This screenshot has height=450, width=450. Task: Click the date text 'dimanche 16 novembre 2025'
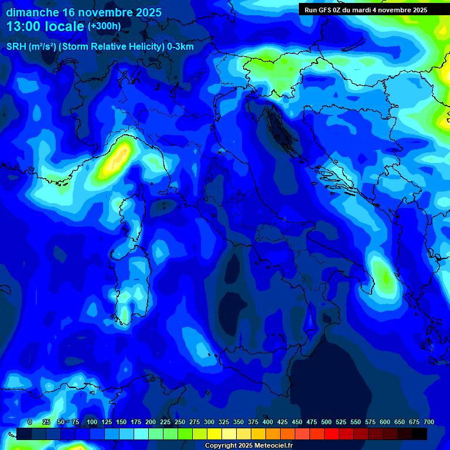tap(84, 12)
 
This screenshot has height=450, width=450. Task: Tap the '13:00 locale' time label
tap(45, 26)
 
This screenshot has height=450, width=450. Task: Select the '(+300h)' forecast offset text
tap(104, 26)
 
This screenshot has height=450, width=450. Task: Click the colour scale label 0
tap(30, 422)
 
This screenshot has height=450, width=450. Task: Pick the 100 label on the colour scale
tap(92, 422)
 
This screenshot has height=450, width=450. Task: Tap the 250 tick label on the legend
tap(180, 422)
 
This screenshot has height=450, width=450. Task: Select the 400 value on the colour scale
tap(268, 422)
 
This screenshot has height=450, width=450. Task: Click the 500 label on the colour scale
tap(326, 422)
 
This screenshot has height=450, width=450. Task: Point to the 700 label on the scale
tap(429, 422)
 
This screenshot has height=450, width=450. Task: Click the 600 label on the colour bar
tap(385, 422)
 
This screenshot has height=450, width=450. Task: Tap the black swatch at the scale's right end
tap(420, 434)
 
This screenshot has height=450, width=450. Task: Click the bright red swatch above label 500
tap(332, 434)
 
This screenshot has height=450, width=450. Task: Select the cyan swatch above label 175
tap(141, 434)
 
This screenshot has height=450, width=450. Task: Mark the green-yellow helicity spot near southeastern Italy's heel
tap(384, 275)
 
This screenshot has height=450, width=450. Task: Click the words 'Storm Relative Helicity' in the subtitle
tap(111, 47)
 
